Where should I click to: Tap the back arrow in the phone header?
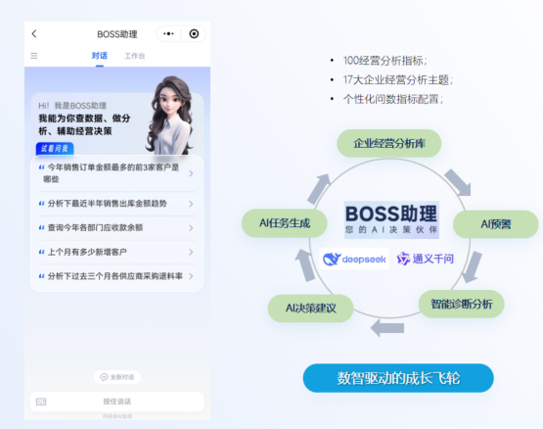pyautogui.click(x=34, y=33)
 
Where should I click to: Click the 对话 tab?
pyautogui.click(x=100, y=56)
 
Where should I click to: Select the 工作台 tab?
pyautogui.click(x=135, y=56)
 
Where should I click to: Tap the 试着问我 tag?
pyautogui.click(x=54, y=148)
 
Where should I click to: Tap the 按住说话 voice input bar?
pyautogui.click(x=116, y=401)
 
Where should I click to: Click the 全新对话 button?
pyautogui.click(x=116, y=376)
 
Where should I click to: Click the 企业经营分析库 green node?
pyautogui.click(x=389, y=143)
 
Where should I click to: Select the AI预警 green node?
pyautogui.click(x=495, y=223)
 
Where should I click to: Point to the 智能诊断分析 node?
pyautogui.click(x=461, y=304)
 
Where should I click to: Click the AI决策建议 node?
pyautogui.click(x=311, y=310)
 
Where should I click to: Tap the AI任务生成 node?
pyautogui.click(x=285, y=223)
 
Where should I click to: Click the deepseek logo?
pyautogui.click(x=354, y=260)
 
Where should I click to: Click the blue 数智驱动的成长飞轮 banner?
pyautogui.click(x=397, y=378)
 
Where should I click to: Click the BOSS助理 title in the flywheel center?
pyautogui.click(x=391, y=214)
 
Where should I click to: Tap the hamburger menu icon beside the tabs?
pyautogui.click(x=34, y=56)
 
